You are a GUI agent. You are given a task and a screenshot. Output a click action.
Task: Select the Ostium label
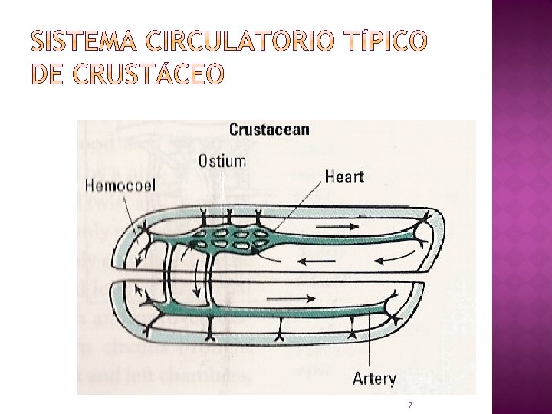click(x=222, y=160)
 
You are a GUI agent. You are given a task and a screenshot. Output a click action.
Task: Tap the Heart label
click(x=345, y=176)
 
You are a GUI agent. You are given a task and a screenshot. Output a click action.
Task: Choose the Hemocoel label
click(x=121, y=186)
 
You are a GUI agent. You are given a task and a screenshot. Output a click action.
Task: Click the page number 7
click(x=411, y=403)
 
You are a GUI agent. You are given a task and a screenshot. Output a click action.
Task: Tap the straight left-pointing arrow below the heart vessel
click(x=315, y=260)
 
